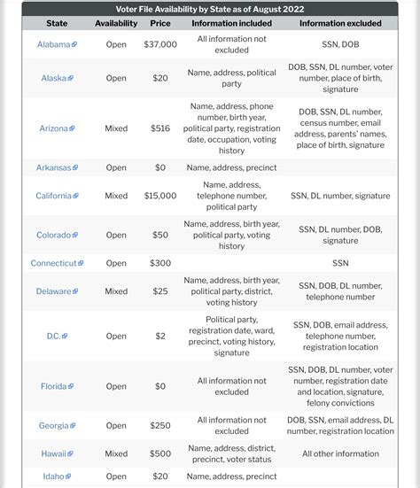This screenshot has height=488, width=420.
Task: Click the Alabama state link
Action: click(x=54, y=43)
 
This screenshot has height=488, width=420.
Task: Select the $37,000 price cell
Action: click(x=159, y=43)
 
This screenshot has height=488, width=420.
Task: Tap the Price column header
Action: click(x=159, y=23)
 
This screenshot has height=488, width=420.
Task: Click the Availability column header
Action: click(x=116, y=23)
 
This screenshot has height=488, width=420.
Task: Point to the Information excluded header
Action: click(x=340, y=23)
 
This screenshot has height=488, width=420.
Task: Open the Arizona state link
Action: click(x=54, y=128)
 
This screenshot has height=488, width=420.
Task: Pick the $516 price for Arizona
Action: click(x=159, y=128)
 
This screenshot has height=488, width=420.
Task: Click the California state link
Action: click(x=54, y=196)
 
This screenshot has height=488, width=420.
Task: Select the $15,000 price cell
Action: click(x=159, y=196)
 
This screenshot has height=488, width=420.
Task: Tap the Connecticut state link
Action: click(x=53, y=263)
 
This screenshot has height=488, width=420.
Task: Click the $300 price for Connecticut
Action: click(x=159, y=263)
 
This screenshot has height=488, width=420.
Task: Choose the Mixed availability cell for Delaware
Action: click(x=116, y=290)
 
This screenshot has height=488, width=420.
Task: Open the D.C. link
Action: click(x=54, y=336)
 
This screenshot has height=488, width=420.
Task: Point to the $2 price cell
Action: click(x=159, y=336)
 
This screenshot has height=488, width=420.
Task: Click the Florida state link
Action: click(x=54, y=386)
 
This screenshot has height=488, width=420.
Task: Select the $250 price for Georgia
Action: click(x=159, y=426)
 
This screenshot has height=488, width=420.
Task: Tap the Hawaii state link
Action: click(x=54, y=453)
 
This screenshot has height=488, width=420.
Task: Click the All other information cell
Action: click(x=340, y=453)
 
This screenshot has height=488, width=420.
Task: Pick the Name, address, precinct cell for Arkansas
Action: click(x=231, y=167)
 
